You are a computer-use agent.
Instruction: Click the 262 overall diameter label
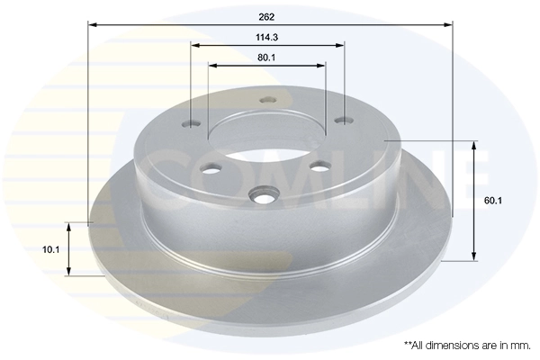267,16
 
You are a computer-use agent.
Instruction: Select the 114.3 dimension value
267,37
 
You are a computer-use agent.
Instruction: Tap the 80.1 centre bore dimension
267,56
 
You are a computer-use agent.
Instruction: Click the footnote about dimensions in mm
468,345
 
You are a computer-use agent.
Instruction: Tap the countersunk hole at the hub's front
265,194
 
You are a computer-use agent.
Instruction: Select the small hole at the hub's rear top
265,102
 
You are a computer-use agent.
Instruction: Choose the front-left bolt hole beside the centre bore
211,168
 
